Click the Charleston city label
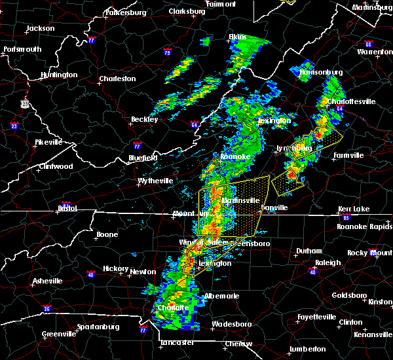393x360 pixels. [117, 79]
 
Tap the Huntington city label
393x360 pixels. [59, 75]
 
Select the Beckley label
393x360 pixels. [145, 120]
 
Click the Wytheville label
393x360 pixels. [155, 181]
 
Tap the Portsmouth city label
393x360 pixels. [22, 50]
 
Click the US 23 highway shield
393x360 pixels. [25, 103]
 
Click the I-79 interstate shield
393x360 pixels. [168, 52]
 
